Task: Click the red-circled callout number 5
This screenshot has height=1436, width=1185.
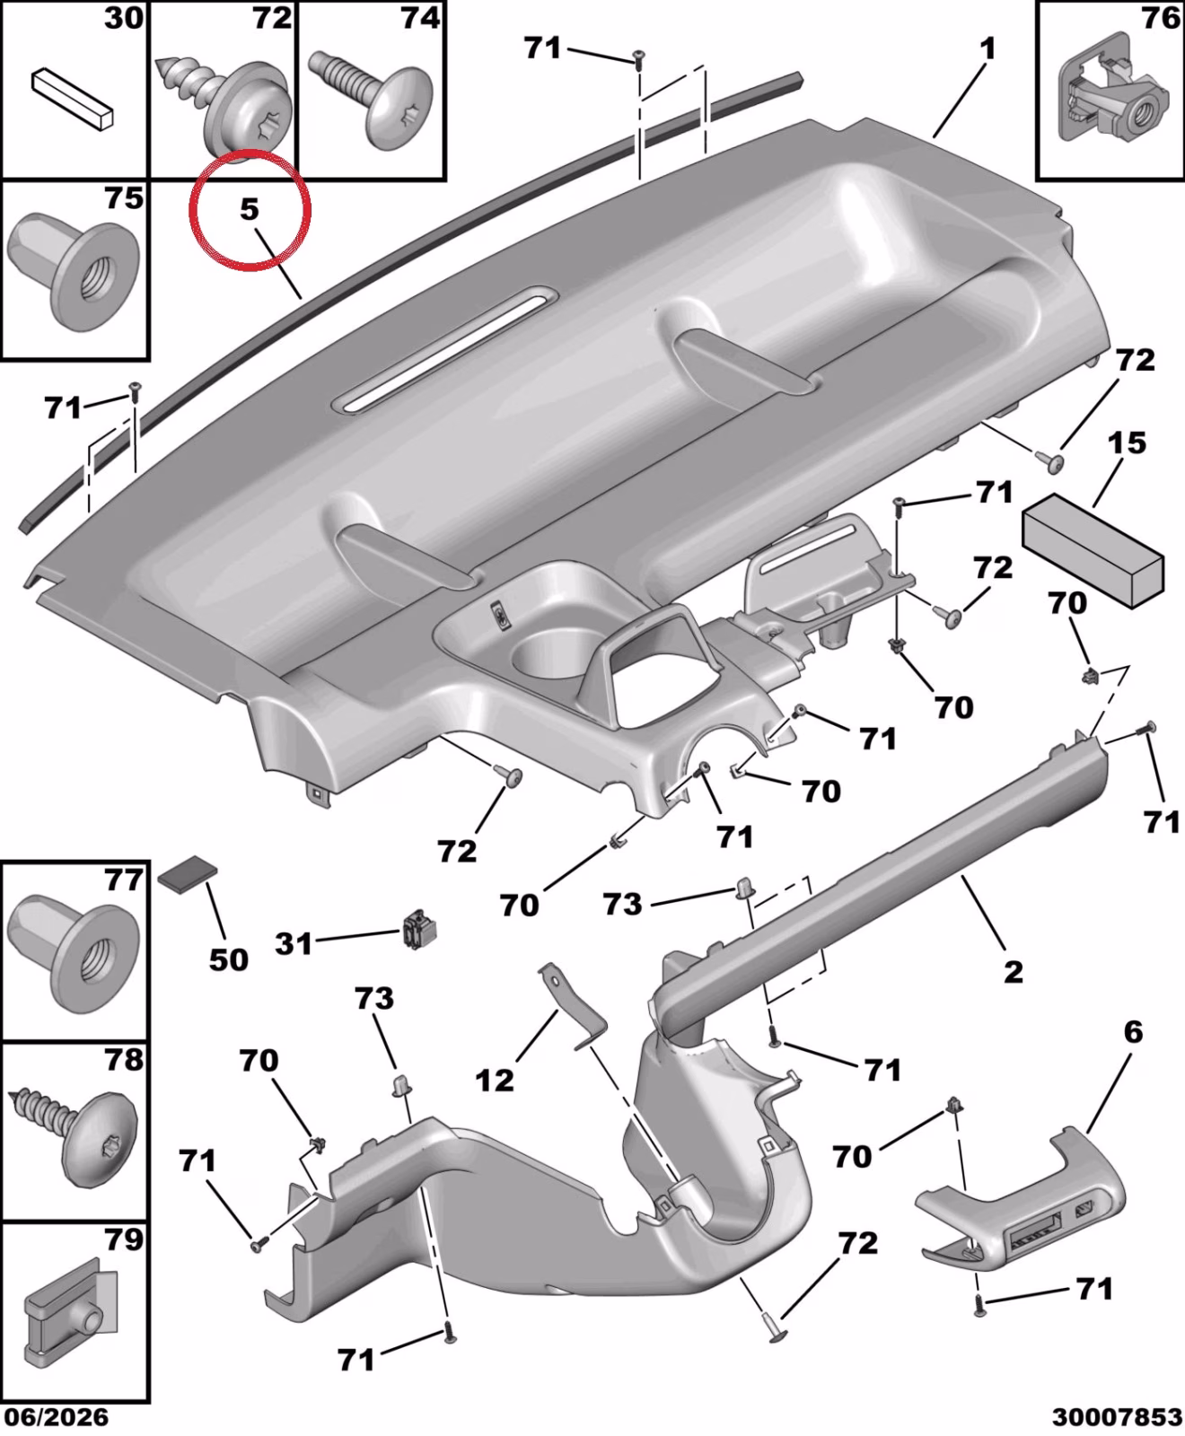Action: click(x=249, y=209)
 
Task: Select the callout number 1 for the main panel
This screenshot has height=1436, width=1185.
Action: click(x=987, y=49)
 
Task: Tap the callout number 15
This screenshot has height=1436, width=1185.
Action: click(x=1128, y=442)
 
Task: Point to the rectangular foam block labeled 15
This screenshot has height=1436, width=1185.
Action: click(x=1093, y=549)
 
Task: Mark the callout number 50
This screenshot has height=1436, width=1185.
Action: click(x=228, y=959)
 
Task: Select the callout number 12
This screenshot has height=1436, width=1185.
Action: click(x=495, y=1080)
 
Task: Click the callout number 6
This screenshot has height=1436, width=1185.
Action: click(x=1133, y=1032)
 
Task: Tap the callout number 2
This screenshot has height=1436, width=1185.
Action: click(x=1013, y=971)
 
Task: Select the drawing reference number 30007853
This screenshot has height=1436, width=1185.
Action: click(x=1118, y=1417)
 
